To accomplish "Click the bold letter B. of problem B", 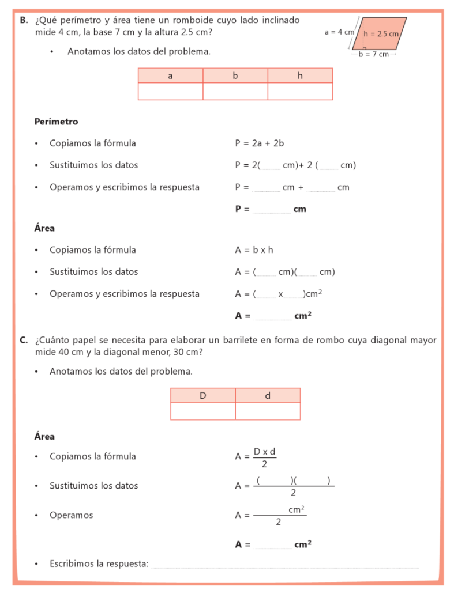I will point(24,20).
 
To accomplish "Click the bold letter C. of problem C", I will point(24,340).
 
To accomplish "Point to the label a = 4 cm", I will point(339,32).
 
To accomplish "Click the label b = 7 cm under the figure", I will point(374,55).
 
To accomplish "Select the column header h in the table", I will point(300,75).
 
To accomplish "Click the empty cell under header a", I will point(170,92).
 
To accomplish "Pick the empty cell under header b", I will point(235,92).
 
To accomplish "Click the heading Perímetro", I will point(56,122).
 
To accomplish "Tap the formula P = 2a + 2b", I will point(259,143).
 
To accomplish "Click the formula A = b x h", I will point(254,250).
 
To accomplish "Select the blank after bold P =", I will point(272,210).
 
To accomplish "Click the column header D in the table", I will point(203,396).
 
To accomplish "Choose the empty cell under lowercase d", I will point(268,411).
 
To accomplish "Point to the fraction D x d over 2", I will point(265,457).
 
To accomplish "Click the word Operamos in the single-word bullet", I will point(71,515).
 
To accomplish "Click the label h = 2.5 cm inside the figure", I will point(381,33).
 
